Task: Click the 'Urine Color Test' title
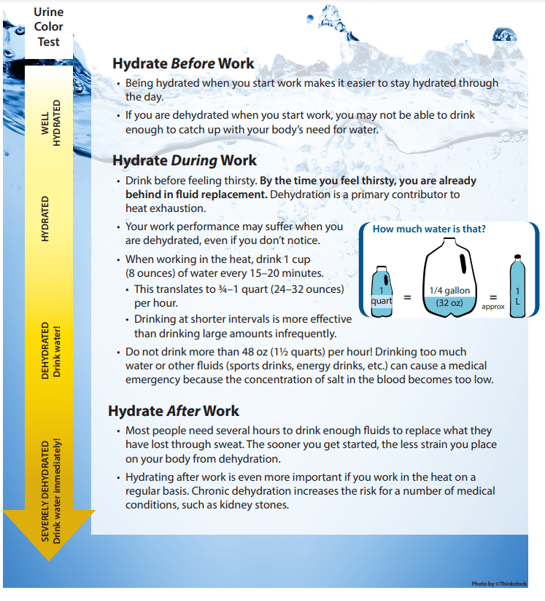coord(48,25)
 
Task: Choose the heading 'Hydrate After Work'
coord(174,411)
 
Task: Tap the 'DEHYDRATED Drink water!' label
coord(51,349)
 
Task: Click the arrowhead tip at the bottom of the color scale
coord(50,557)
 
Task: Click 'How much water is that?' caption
coord(429,229)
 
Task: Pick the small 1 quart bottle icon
coord(382,291)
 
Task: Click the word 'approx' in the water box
coord(492,307)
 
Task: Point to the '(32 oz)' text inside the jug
coord(449,302)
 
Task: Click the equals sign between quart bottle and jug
coord(408,297)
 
